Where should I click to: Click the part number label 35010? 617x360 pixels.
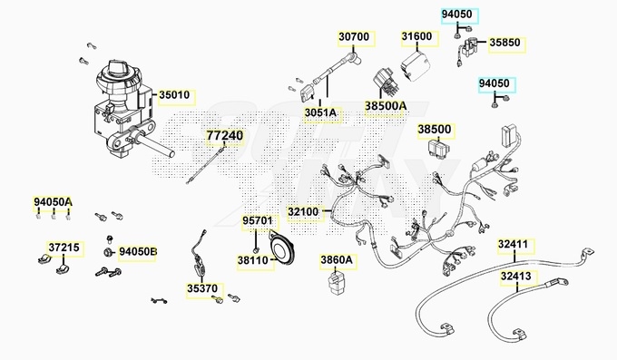point(174,95)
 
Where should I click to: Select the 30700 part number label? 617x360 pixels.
point(354,37)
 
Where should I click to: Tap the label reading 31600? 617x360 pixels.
point(416,36)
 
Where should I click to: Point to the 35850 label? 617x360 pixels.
point(504,43)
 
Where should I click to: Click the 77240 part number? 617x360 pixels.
point(225,136)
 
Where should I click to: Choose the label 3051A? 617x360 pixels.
point(320,113)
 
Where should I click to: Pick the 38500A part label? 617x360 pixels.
point(386,106)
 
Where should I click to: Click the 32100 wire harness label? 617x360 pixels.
point(303,212)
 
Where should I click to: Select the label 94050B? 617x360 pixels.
point(138,252)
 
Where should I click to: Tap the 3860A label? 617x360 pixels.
point(337,260)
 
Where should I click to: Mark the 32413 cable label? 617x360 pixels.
point(516,277)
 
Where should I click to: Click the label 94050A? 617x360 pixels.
point(53,202)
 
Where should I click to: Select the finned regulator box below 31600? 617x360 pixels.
point(415,65)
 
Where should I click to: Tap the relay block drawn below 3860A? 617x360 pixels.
point(336,283)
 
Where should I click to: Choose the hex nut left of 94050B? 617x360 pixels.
point(107,252)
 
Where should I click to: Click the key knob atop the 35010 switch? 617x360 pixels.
point(119,67)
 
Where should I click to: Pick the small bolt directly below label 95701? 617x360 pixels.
point(256,250)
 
